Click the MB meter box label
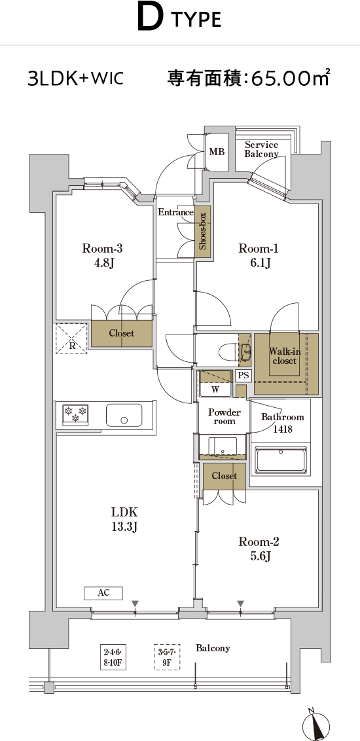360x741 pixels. (x=217, y=152)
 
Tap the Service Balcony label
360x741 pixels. (x=261, y=149)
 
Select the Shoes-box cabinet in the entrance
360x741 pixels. (x=202, y=232)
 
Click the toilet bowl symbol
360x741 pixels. (x=226, y=351)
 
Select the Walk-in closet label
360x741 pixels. (x=283, y=356)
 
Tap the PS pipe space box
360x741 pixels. (x=243, y=376)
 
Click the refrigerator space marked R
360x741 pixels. (x=72, y=338)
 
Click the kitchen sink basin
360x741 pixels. (x=124, y=416)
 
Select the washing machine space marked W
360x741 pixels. (x=215, y=389)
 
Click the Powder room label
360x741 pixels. (x=225, y=417)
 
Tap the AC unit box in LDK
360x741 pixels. (x=103, y=592)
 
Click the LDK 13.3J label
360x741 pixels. (x=124, y=519)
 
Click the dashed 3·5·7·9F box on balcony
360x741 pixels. (x=167, y=657)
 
